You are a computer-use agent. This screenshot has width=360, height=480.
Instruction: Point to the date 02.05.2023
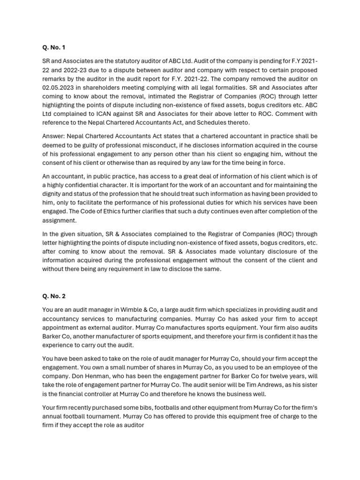pos(60,87)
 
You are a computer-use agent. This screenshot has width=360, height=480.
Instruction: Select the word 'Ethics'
pos(119,211)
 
